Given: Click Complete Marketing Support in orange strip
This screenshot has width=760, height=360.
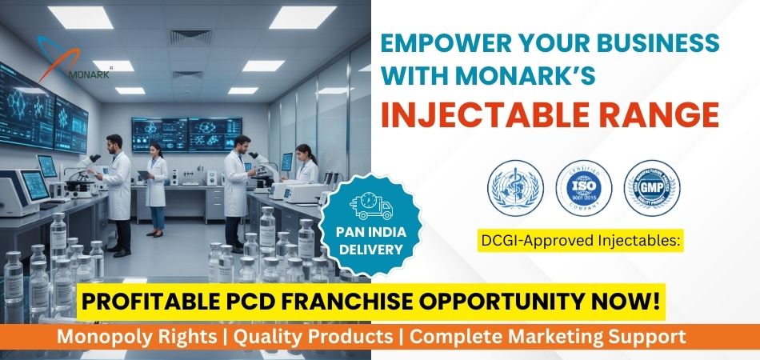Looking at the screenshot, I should [543, 337].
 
